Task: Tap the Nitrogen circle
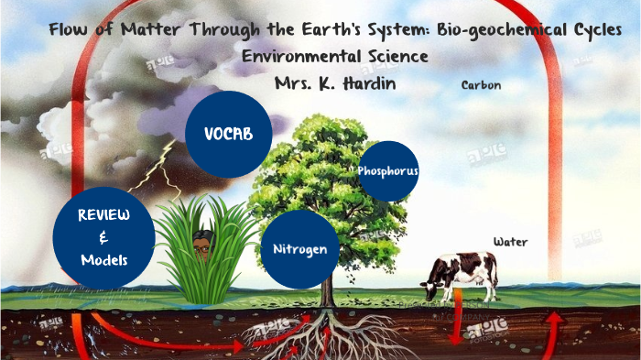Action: click(299, 249)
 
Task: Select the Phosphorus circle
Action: click(388, 170)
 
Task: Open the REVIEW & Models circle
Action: click(103, 237)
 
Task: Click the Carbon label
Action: click(481, 85)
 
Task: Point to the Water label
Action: click(511, 242)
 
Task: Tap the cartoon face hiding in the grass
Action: click(203, 243)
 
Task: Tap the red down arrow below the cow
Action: click(455, 321)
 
